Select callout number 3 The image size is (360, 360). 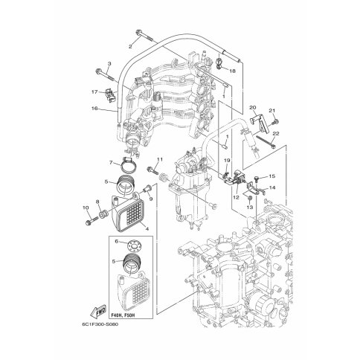tap(109, 64)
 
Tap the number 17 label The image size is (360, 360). tap(94, 91)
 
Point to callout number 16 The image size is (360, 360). tap(94, 109)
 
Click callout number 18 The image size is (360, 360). tap(232, 71)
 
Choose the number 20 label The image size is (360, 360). tap(252, 107)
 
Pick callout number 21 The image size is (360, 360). tap(272, 111)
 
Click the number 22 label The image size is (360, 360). tap(276, 133)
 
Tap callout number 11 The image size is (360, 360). tap(160, 159)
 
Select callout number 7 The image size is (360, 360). tap(111, 163)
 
